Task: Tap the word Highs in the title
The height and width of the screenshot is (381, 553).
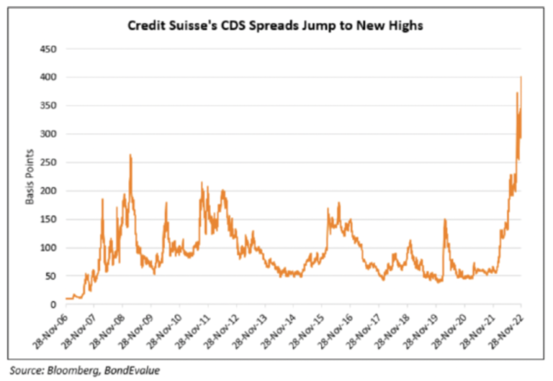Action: (394, 26)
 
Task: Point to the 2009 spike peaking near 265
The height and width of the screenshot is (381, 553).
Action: (130, 155)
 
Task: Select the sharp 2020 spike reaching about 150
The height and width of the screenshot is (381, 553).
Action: (445, 220)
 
